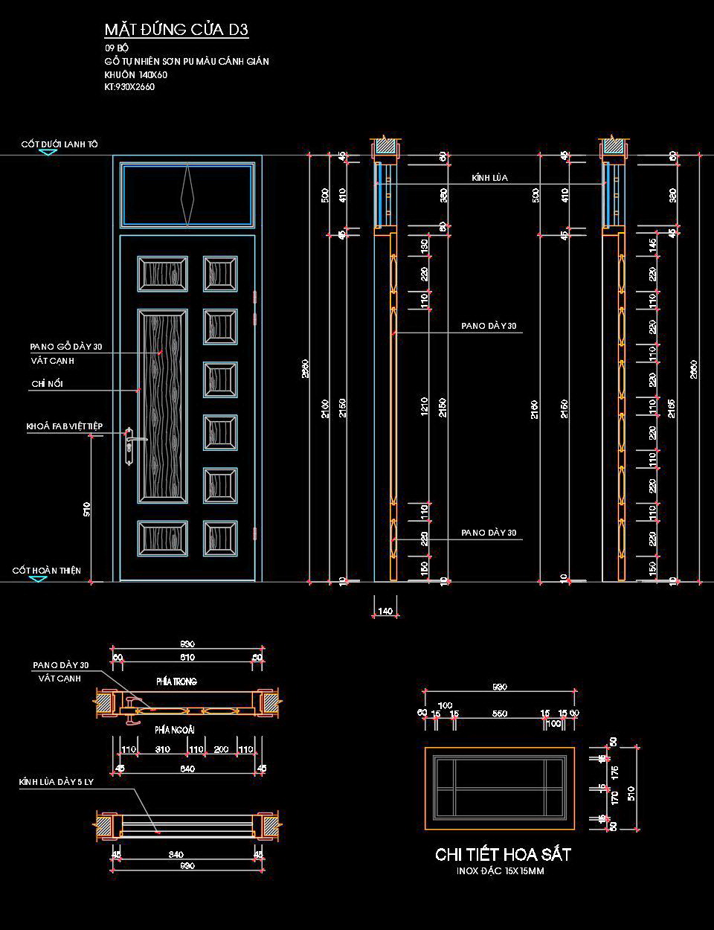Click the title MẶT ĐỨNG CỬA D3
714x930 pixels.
(x=176, y=30)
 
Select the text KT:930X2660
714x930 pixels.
(x=129, y=87)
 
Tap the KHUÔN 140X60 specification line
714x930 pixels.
(x=136, y=74)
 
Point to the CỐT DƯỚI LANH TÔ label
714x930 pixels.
(x=59, y=144)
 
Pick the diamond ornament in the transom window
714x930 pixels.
(x=187, y=196)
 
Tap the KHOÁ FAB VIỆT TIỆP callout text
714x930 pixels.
(x=65, y=426)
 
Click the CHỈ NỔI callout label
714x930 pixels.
(x=47, y=384)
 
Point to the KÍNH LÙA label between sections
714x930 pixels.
(x=489, y=178)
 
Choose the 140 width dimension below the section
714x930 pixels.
(x=385, y=611)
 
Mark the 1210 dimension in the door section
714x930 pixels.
(x=425, y=405)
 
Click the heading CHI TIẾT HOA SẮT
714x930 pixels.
(x=503, y=854)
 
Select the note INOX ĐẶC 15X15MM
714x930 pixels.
(x=501, y=871)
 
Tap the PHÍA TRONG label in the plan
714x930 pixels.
(x=176, y=682)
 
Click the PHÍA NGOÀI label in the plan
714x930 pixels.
(x=175, y=731)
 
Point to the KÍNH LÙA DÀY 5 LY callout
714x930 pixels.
(x=57, y=782)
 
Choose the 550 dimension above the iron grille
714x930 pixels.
(x=500, y=713)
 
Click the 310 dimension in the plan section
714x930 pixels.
(x=162, y=750)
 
